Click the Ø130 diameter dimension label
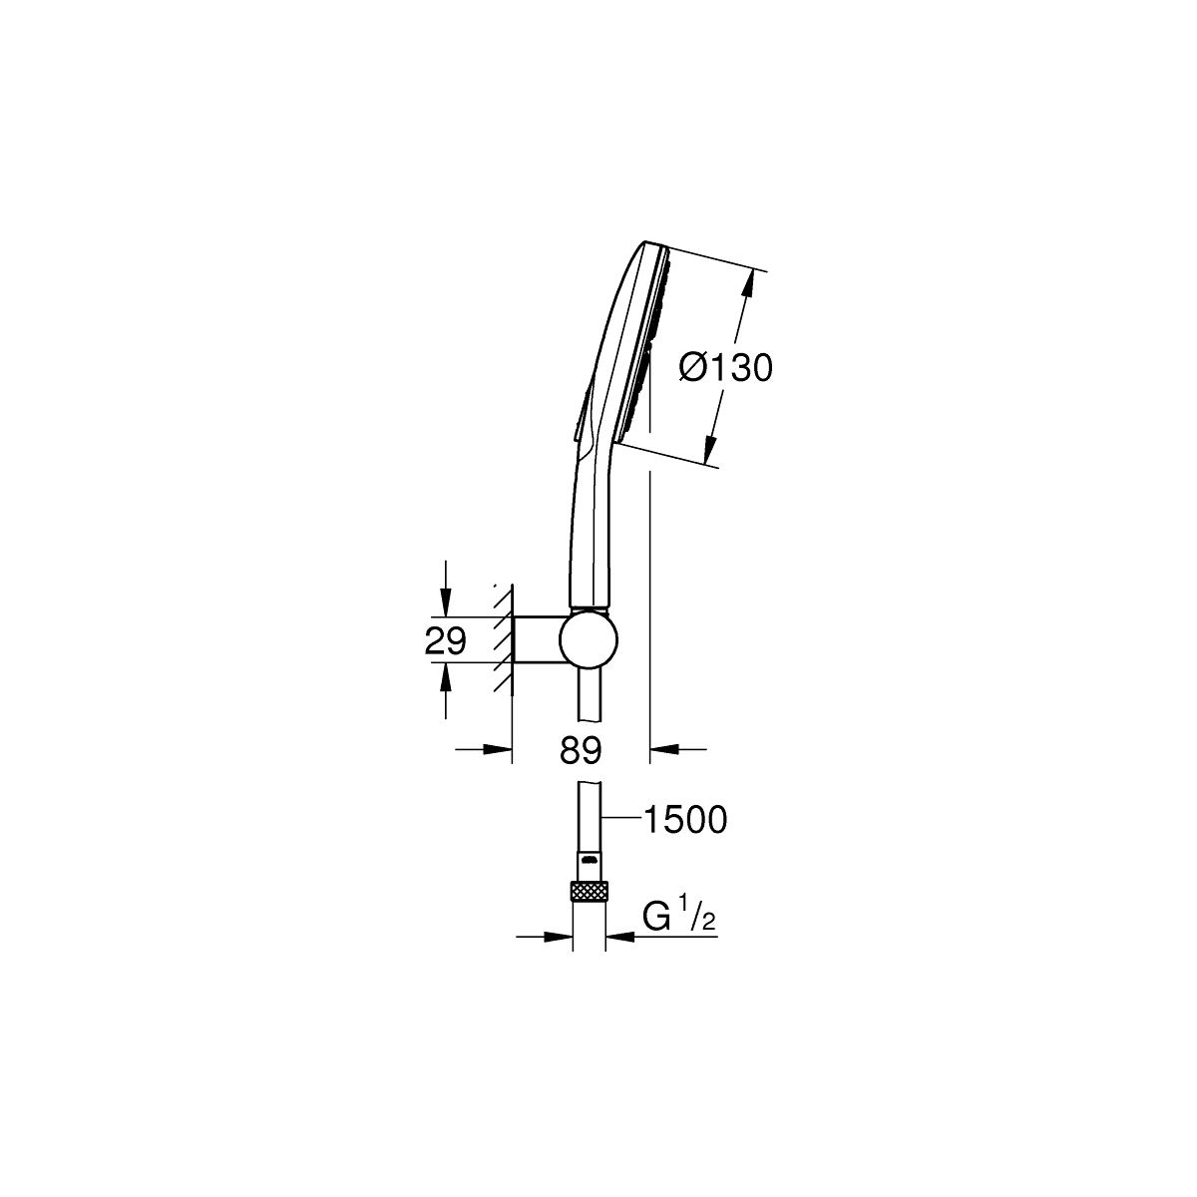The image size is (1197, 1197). [725, 369]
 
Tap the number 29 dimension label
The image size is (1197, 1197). [445, 640]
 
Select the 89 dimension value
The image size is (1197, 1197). [581, 750]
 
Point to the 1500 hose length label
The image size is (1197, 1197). [685, 821]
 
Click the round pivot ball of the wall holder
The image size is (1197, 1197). [589, 640]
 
